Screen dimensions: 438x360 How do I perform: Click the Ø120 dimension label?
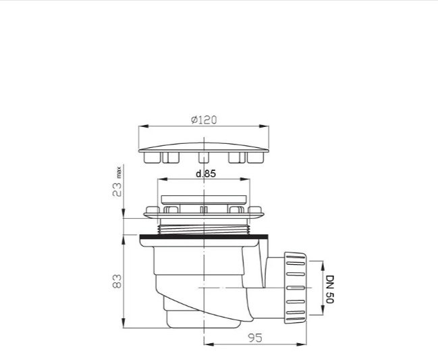pos(204,120)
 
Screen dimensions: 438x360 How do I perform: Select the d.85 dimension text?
pos(206,174)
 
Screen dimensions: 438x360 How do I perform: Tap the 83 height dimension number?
pos(117,281)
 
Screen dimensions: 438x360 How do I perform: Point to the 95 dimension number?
pos(255,338)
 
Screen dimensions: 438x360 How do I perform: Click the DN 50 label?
pos(330,289)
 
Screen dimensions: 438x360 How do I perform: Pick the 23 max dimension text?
pos(117,182)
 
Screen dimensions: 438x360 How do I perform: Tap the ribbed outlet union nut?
pos(295,288)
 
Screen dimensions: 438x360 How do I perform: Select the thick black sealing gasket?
pos(204,237)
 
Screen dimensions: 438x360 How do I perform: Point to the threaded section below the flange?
pos(204,229)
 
